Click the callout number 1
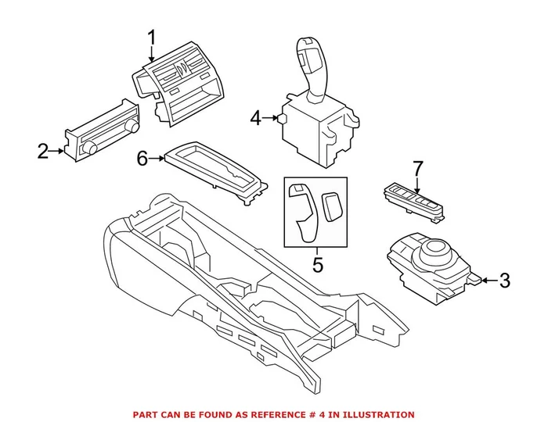coord(151,38)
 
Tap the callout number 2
coord(44,151)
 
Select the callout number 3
coord(505,279)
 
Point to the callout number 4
coord(255,119)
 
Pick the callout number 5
coord(317,265)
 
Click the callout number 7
coord(417,168)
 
